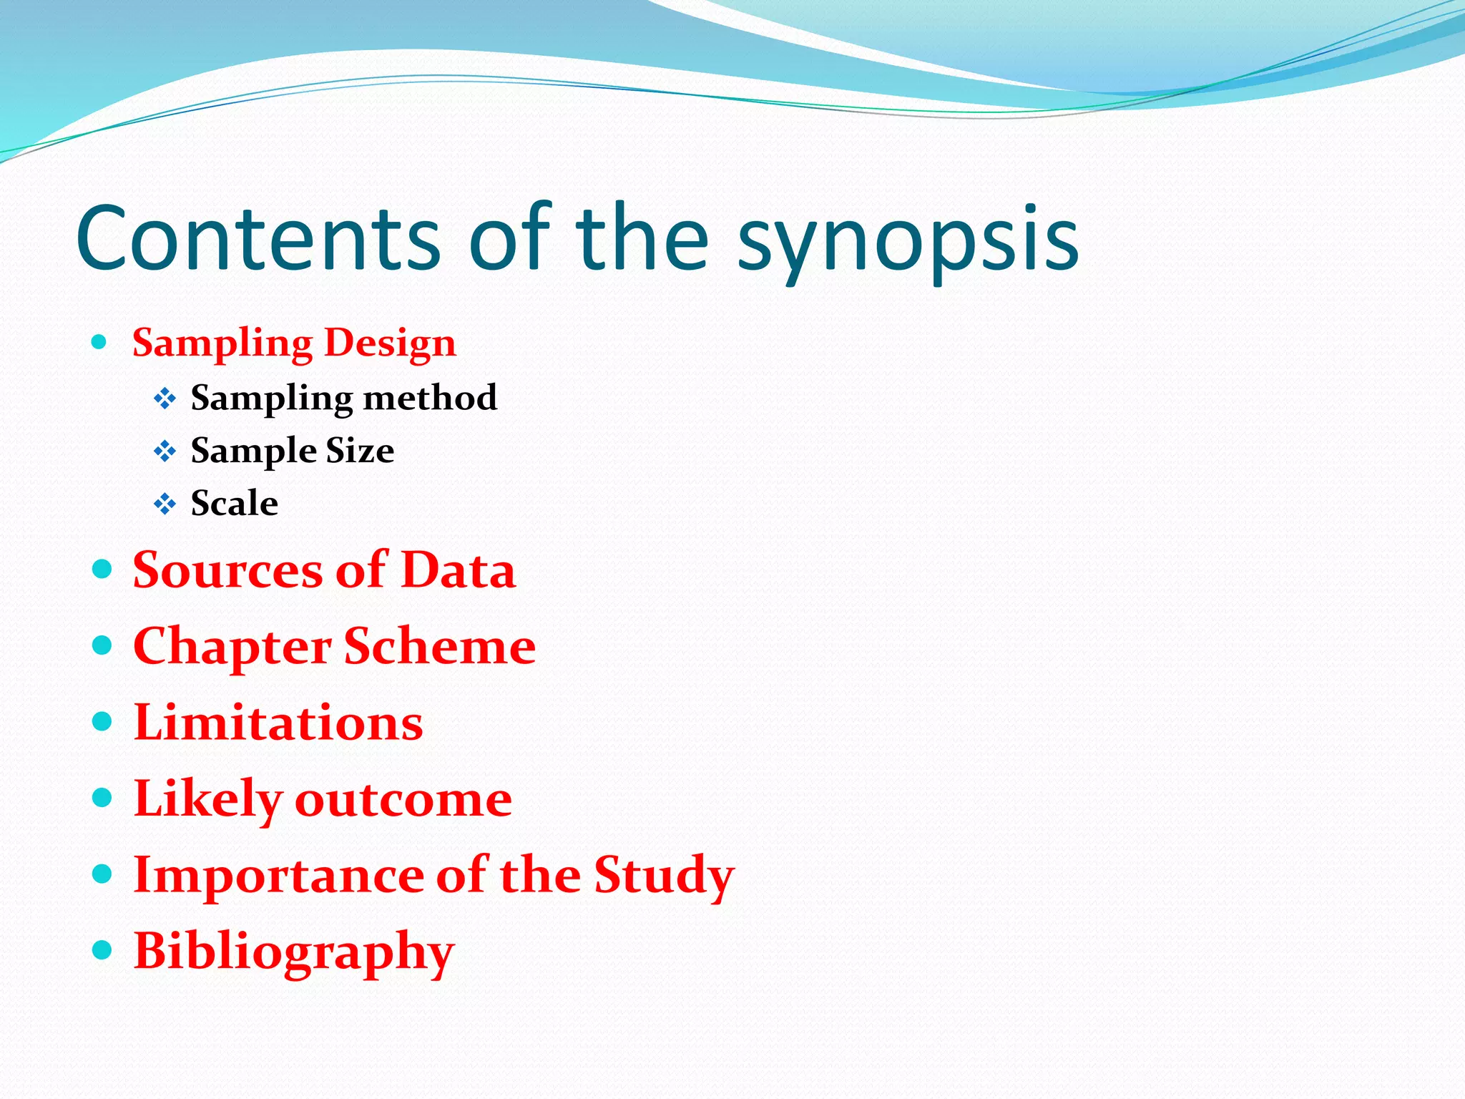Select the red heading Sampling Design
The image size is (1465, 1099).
click(x=294, y=343)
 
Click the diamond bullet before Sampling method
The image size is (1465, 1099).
click(x=165, y=399)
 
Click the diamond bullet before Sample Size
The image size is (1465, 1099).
click(x=165, y=451)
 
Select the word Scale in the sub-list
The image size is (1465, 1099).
click(x=234, y=503)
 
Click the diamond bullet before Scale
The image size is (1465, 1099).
click(x=165, y=504)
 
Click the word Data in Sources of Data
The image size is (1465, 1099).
click(x=458, y=570)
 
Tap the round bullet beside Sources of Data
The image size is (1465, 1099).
click(x=103, y=570)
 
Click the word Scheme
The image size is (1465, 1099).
click(x=440, y=646)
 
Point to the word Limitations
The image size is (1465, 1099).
click(x=278, y=723)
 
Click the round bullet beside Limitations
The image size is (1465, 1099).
click(x=103, y=721)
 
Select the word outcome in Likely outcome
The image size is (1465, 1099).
click(x=403, y=799)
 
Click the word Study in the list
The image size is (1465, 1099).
click(x=664, y=876)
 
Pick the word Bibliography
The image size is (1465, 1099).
click(x=294, y=953)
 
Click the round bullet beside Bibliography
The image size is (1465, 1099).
click(x=103, y=950)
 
